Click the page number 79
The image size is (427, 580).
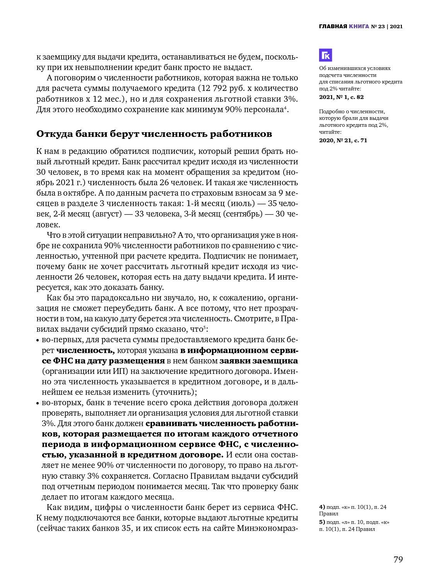(398, 560)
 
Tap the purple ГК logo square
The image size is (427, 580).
(325, 55)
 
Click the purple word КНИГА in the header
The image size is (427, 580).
(359, 26)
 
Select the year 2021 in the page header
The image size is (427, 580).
(396, 26)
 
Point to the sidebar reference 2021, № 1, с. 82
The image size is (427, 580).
(341, 97)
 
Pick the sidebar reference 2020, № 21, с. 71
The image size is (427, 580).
(343, 140)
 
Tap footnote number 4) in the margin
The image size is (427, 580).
(322, 507)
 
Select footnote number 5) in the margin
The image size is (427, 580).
(322, 522)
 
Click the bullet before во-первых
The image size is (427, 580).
(38, 341)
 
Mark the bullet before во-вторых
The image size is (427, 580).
(38, 403)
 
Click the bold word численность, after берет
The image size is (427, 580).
(85, 351)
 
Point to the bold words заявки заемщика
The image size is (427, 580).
(258, 361)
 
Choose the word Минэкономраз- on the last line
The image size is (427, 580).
(267, 528)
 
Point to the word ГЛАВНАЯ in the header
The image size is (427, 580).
(333, 26)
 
